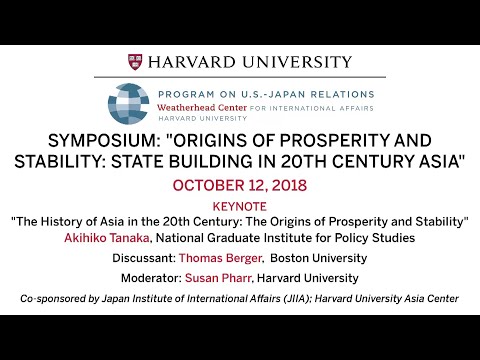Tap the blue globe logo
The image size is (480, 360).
(128, 103)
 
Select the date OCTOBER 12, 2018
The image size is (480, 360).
(240, 186)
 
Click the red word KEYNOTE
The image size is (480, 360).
(240, 205)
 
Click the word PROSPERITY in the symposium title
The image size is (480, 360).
(340, 140)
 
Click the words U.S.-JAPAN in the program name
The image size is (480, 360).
(263, 89)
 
